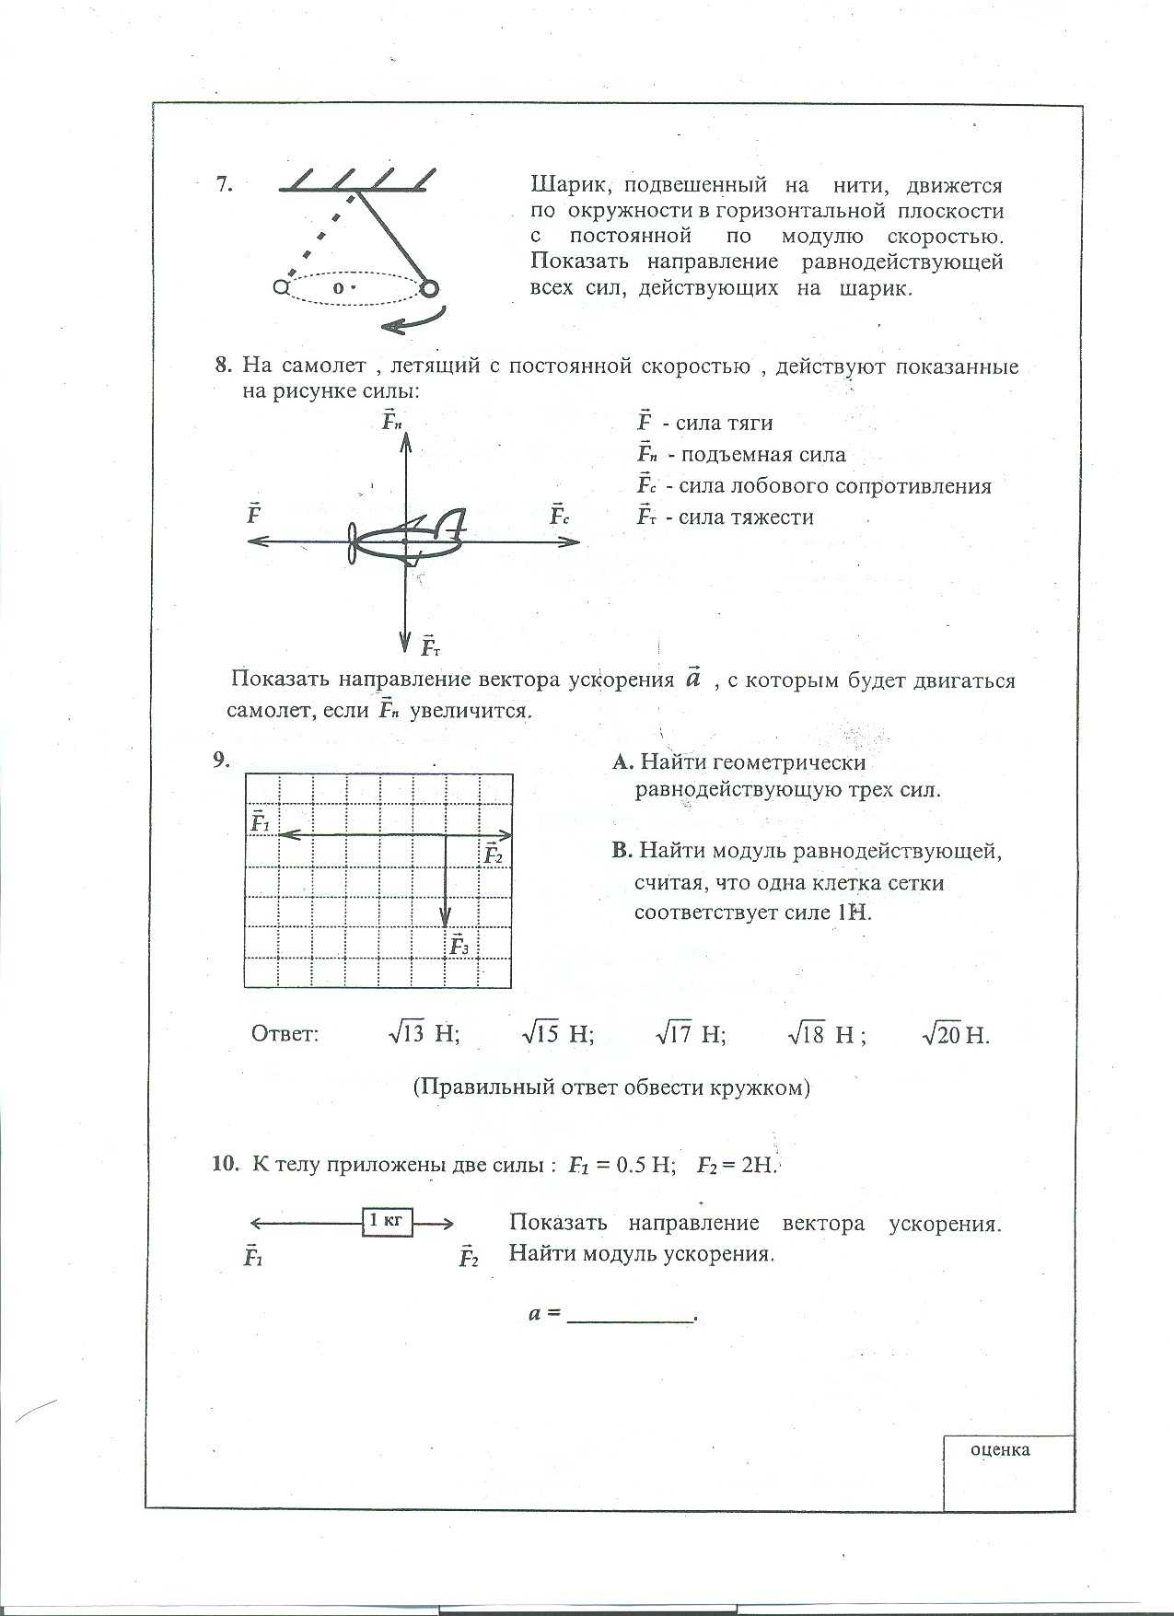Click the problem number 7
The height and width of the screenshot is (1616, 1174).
click(224, 184)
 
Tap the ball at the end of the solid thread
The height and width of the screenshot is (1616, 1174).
click(428, 289)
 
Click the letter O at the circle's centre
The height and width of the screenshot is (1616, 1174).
click(338, 288)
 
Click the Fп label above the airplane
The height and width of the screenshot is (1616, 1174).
click(392, 422)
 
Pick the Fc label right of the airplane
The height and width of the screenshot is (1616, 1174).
click(560, 515)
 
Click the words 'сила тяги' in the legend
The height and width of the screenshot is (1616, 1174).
click(724, 424)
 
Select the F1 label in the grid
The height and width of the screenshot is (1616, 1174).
click(260, 822)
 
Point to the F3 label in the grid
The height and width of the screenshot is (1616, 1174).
click(459, 945)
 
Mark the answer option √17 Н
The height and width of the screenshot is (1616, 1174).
click(691, 1034)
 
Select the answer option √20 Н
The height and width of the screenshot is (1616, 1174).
click(955, 1035)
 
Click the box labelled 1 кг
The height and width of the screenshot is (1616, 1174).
click(387, 1222)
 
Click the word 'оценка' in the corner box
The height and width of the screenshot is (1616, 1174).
click(1000, 1450)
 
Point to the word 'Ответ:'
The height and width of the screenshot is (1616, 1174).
click(285, 1033)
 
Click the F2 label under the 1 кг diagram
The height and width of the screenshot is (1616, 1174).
click(469, 1258)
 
